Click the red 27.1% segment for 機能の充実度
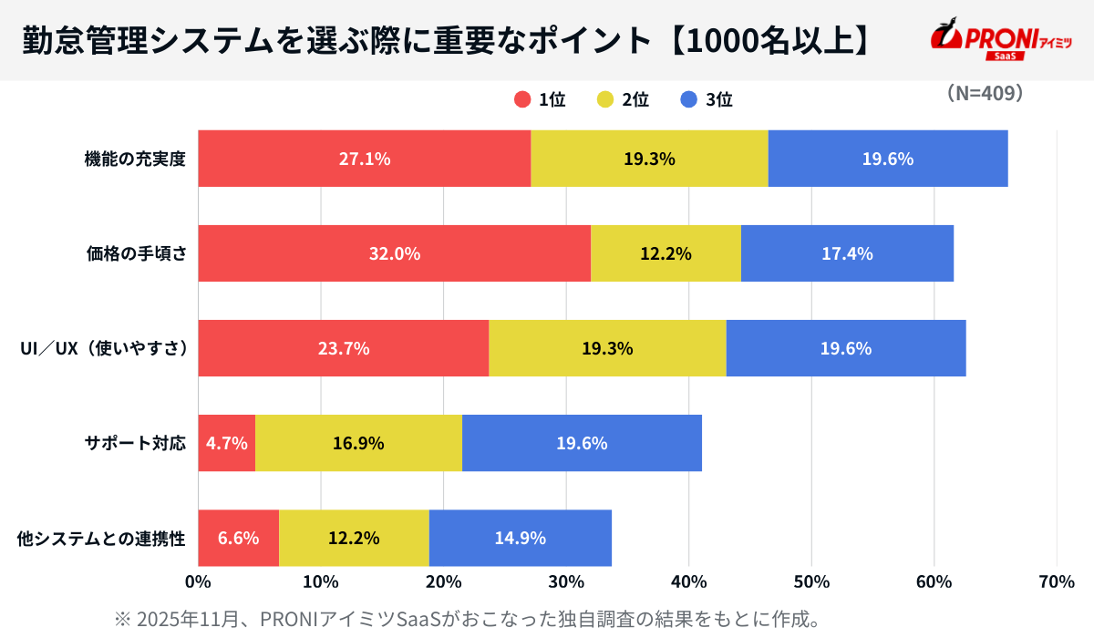pyautogui.click(x=365, y=159)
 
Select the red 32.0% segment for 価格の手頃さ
pyautogui.click(x=394, y=253)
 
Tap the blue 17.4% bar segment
pyautogui.click(x=847, y=253)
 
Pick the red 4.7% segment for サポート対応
pyautogui.click(x=226, y=443)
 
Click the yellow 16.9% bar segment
pyautogui.click(x=358, y=443)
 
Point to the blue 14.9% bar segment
pyautogui.click(x=520, y=538)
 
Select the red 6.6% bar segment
pyautogui.click(x=238, y=538)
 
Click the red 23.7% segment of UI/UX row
pyautogui.click(x=343, y=348)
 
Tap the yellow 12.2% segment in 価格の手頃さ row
pyautogui.click(x=666, y=253)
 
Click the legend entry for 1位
pyautogui.click(x=540, y=100)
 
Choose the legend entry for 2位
pyautogui.click(x=623, y=100)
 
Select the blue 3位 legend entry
pyautogui.click(x=707, y=100)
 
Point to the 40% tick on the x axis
pyautogui.click(x=688, y=581)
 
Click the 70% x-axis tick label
pyautogui.click(x=1056, y=581)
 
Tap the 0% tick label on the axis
pyautogui.click(x=198, y=581)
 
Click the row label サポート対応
pyautogui.click(x=135, y=444)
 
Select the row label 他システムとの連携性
pyautogui.click(x=101, y=539)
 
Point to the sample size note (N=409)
pyautogui.click(x=984, y=93)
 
